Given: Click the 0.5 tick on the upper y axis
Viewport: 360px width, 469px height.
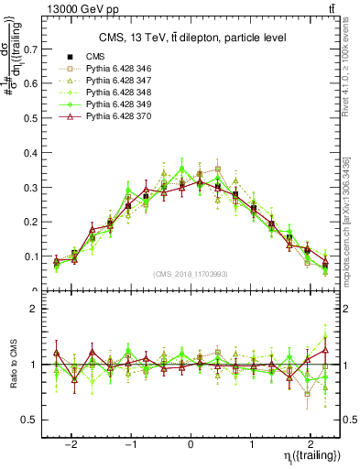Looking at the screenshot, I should tap(36, 119).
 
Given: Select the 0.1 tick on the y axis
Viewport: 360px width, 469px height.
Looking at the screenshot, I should tap(36, 257).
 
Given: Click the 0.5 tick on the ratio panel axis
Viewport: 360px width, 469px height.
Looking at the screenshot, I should tap(36, 420).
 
